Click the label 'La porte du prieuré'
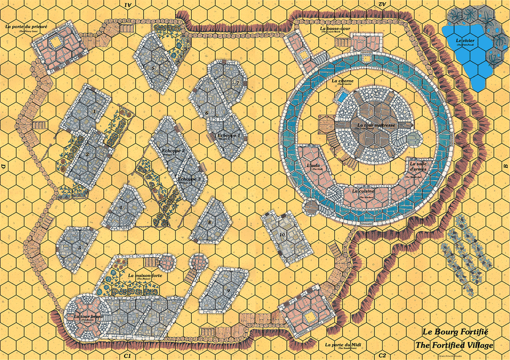[26, 26]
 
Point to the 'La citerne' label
[342, 81]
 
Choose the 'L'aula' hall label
[313, 166]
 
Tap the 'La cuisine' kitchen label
[363, 191]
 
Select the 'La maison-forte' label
[146, 276]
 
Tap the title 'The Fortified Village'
[454, 345]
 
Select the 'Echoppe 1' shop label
[229, 135]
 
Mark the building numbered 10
[282, 235]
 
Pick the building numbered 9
[228, 290]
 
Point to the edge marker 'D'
[4, 167]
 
